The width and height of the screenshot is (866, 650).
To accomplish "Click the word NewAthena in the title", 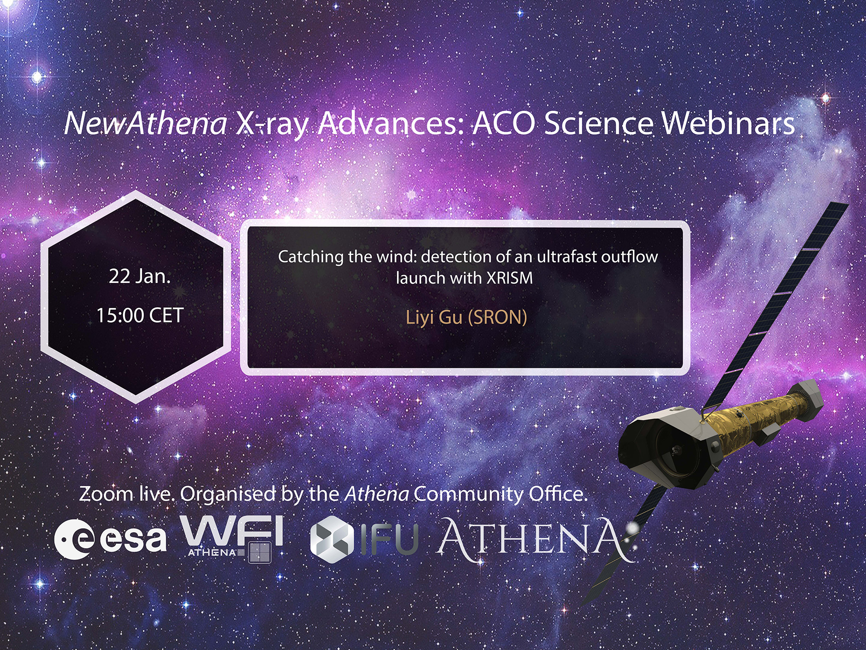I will [146, 123].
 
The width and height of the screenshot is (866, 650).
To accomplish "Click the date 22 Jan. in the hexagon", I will [139, 276].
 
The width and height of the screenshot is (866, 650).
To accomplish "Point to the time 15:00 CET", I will [139, 315].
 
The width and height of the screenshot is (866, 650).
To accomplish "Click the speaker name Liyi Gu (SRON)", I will [466, 318].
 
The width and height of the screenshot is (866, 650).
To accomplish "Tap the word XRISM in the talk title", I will [509, 278].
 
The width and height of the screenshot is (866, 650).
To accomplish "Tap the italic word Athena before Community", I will [377, 494].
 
